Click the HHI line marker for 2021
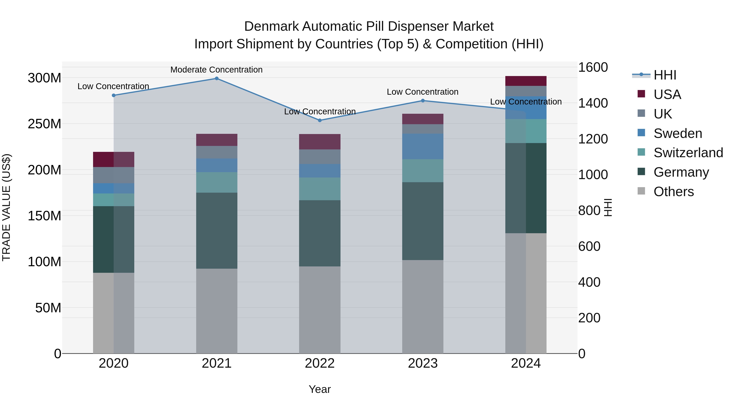(x=217, y=78)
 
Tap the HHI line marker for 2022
(x=320, y=120)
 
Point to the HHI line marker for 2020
(x=114, y=95)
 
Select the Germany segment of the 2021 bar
(x=217, y=231)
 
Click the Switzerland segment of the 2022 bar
(x=320, y=189)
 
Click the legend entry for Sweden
(x=678, y=133)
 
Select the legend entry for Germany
(x=681, y=172)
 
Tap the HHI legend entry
(x=665, y=75)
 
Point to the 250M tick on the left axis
(x=44, y=124)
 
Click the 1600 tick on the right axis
(x=593, y=68)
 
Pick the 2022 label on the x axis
(x=320, y=363)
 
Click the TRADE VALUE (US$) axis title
(x=7, y=207)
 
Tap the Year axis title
(x=320, y=389)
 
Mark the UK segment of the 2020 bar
(x=114, y=175)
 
